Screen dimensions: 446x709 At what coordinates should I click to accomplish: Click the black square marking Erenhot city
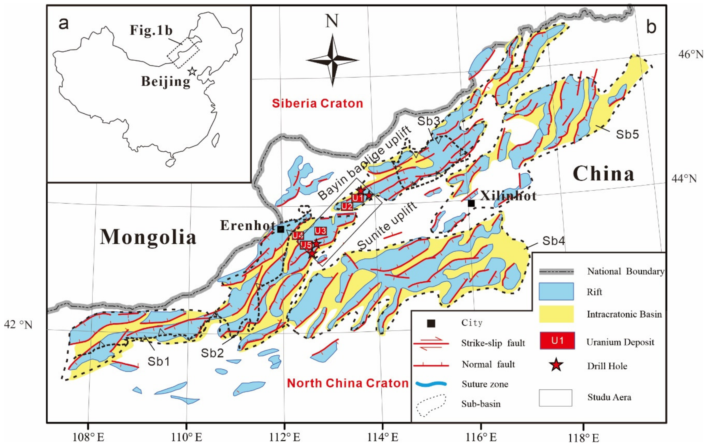(281, 229)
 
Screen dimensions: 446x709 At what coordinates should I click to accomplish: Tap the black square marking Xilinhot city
(471, 203)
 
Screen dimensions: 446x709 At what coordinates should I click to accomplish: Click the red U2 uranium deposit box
(347, 206)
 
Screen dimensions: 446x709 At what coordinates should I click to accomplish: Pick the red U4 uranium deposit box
(298, 236)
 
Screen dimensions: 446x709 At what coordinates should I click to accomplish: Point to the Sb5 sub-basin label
(627, 134)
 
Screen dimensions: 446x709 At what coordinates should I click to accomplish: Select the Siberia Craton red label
(317, 103)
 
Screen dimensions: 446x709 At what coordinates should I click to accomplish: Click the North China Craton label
(348, 383)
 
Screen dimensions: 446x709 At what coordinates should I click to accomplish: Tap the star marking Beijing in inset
(192, 71)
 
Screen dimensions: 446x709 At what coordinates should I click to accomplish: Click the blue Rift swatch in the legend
(556, 291)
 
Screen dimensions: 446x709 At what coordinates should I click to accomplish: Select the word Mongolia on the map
(148, 237)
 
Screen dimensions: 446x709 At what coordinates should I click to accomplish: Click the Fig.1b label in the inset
(151, 30)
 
